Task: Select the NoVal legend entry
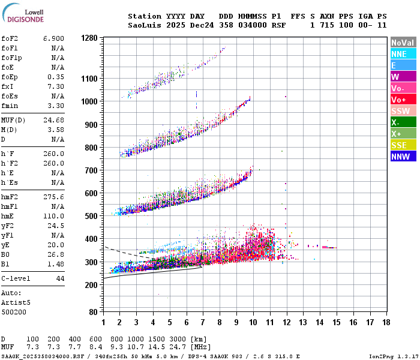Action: (403, 43)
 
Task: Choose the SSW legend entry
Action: (403, 111)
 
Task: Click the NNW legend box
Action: (403, 157)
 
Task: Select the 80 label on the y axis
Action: (93, 312)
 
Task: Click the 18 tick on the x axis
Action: (387, 323)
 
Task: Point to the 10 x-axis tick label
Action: (253, 323)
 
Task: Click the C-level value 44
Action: (59, 279)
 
